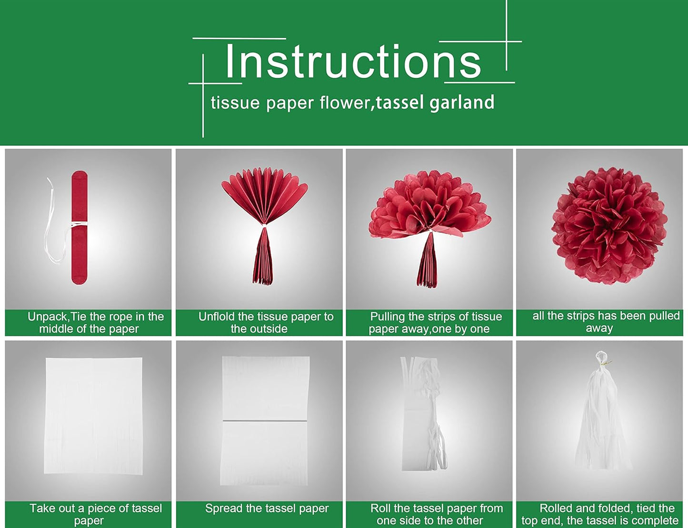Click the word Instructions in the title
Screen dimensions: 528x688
pos(353,61)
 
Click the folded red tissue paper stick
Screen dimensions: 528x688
pos(80,227)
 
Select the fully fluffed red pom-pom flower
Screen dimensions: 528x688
pos(609,226)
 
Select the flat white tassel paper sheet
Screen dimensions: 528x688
pos(94,415)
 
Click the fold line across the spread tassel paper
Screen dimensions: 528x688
pos(265,420)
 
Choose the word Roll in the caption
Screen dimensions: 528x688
pos(380,508)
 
